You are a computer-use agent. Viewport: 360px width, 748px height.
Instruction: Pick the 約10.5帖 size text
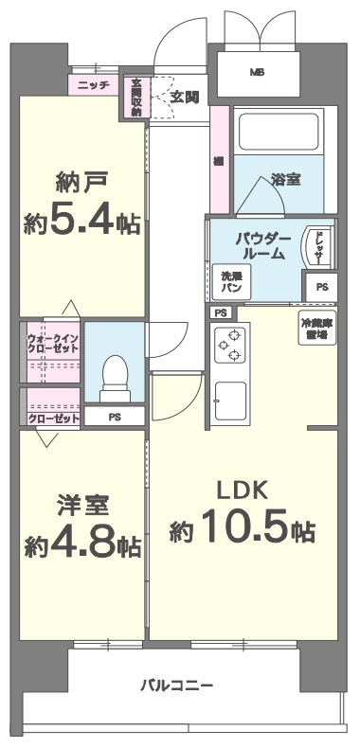click(x=243, y=530)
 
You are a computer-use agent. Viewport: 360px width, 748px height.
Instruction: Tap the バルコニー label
click(x=177, y=685)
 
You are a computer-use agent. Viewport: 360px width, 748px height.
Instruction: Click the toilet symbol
click(x=114, y=373)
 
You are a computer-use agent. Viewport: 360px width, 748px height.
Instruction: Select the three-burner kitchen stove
click(x=229, y=346)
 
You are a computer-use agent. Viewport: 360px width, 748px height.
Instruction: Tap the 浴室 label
click(x=287, y=177)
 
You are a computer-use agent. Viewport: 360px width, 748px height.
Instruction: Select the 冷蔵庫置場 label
click(x=317, y=329)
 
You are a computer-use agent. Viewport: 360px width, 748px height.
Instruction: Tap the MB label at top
click(x=257, y=72)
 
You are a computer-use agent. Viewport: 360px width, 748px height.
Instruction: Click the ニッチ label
click(x=93, y=85)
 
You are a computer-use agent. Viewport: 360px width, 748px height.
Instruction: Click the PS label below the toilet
click(x=114, y=416)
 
